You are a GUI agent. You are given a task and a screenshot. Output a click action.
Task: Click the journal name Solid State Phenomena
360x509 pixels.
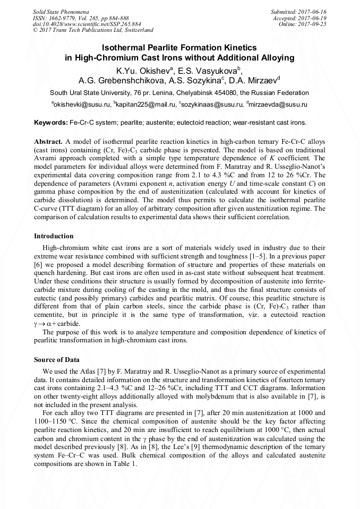(x=61, y=11)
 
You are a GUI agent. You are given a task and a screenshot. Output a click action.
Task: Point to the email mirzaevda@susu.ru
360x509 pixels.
(x=278, y=105)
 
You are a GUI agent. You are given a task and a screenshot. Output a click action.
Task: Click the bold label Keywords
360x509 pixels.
(x=50, y=123)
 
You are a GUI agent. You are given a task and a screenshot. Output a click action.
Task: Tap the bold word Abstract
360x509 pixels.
(x=48, y=142)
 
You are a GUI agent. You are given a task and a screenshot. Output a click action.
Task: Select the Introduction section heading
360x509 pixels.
(x=54, y=236)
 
